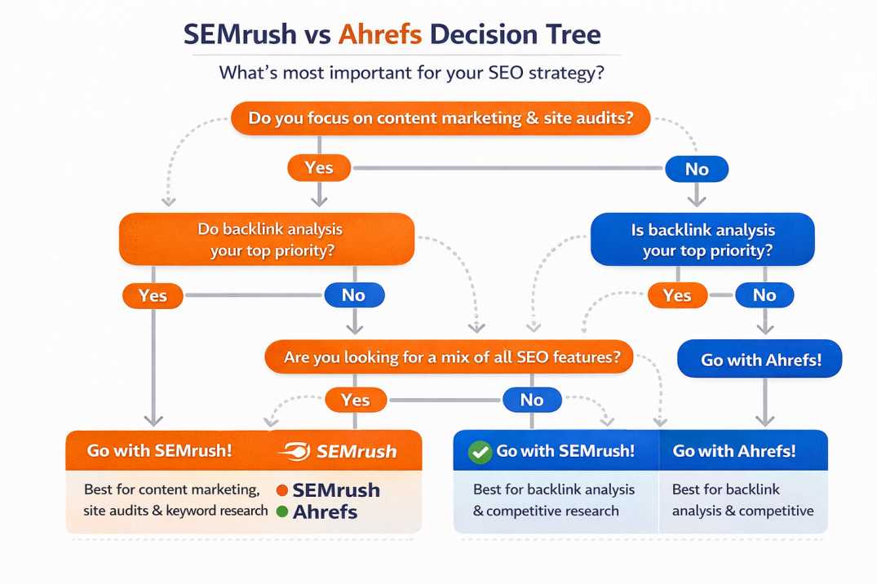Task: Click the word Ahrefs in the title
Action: pos(379,34)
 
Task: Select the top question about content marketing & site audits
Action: pos(441,118)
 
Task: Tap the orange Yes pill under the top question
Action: pos(319,168)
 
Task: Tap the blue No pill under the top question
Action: pos(697,170)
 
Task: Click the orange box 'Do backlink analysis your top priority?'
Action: pos(267,239)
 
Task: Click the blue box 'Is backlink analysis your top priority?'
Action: pos(702,240)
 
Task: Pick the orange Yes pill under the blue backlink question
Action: pos(677,295)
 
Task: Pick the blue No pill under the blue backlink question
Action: pos(764,295)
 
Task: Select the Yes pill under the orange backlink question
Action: pos(153,295)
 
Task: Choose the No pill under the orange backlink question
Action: pos(353,295)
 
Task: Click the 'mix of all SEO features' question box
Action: pos(448,357)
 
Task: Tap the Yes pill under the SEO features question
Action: pos(355,400)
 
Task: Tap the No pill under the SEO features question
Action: pos(531,400)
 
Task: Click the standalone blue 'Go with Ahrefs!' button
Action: pos(760,359)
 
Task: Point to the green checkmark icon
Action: pos(480,451)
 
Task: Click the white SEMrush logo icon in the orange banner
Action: pos(294,451)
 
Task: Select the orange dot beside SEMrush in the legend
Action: pos(282,490)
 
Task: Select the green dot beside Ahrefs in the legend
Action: pos(282,512)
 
